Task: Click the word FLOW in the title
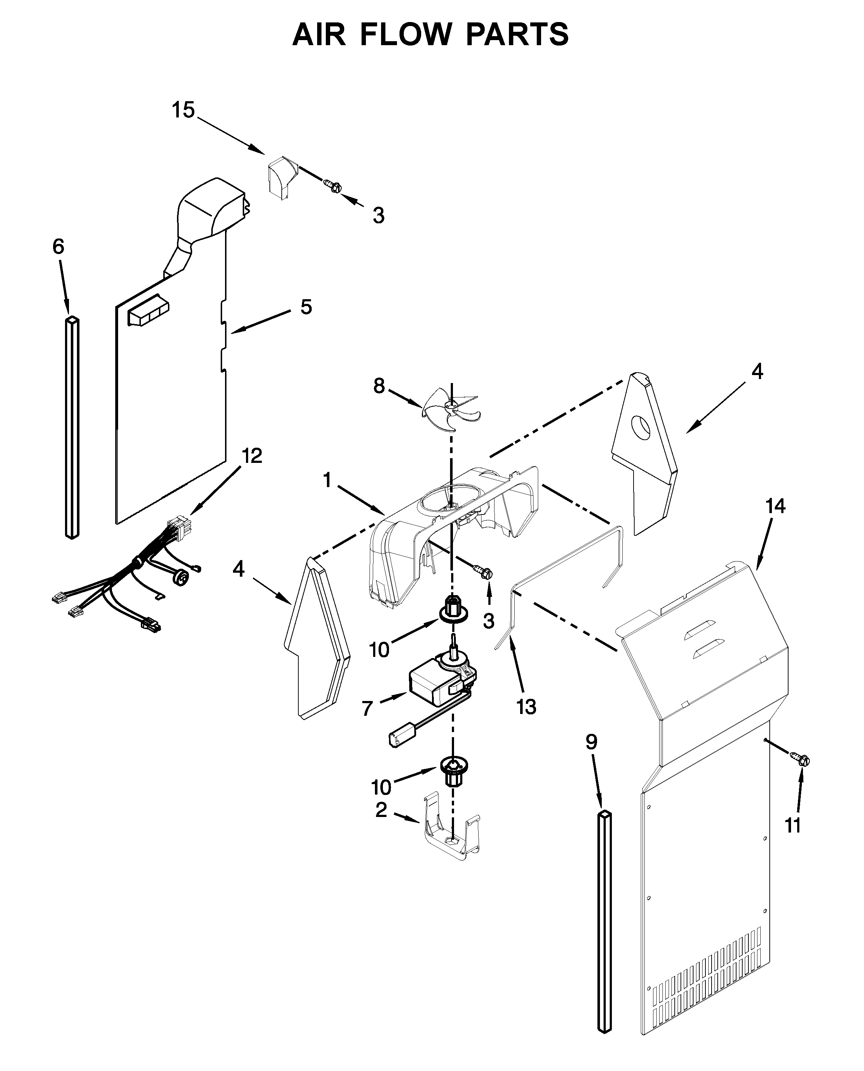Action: (406, 35)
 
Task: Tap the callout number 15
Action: (183, 110)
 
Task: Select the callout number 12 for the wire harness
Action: (252, 456)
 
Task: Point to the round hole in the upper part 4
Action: (641, 428)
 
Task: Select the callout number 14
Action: (776, 506)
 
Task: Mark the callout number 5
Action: (306, 307)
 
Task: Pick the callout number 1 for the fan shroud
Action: (327, 481)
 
